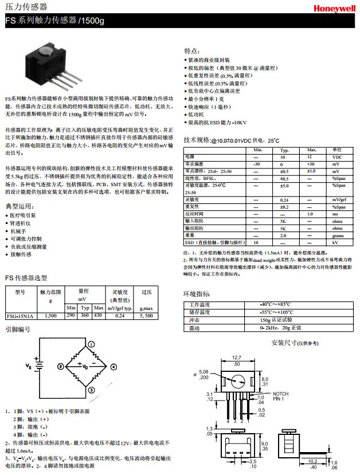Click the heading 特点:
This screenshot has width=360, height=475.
click(191, 51)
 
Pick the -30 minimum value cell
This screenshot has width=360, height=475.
click(256, 164)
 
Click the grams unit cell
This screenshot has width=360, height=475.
click(337, 235)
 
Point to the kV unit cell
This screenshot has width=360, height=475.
click(337, 242)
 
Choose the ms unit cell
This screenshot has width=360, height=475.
click(337, 214)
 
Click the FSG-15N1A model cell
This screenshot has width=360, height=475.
click(20, 316)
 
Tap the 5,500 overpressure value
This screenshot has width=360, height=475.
click(146, 316)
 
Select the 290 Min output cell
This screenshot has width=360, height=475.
click(71, 316)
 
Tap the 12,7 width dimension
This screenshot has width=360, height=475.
click(236, 358)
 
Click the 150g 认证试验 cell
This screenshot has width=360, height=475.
click(276, 320)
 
